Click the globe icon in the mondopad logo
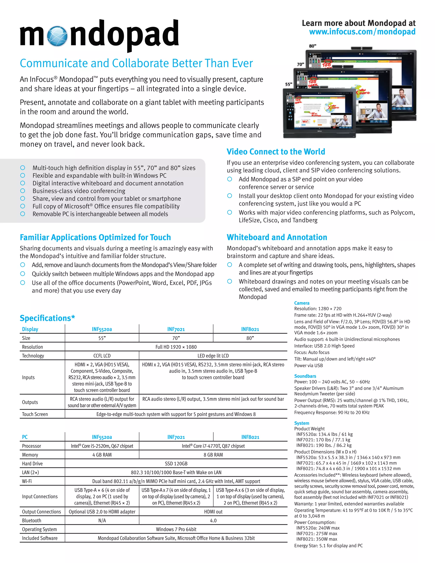pos(58,36)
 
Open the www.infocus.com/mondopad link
pos(362,32)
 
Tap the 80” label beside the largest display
pos(313,46)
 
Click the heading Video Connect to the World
pos(276,151)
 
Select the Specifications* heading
pos(47,318)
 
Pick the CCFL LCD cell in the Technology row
pos(102,356)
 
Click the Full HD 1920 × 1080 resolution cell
pos(176,347)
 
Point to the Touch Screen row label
pos(35,414)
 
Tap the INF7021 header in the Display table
pos(176,329)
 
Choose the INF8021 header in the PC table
pos(250,437)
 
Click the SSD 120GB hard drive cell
pos(176,464)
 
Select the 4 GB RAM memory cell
pos(102,455)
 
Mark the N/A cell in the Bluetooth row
pos(102,521)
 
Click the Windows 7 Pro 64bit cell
pos(176,529)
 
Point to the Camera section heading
pos(302,303)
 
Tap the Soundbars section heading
pos(305,376)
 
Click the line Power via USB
pos(308,366)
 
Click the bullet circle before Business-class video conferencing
pos(23,191)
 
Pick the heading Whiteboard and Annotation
pos(277,237)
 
